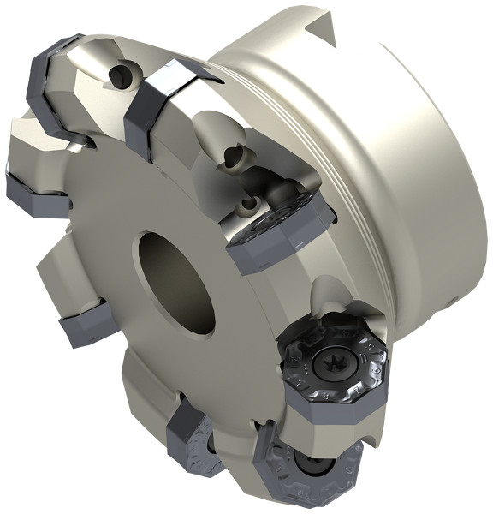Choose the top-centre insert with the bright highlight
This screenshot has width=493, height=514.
point(163,103)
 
